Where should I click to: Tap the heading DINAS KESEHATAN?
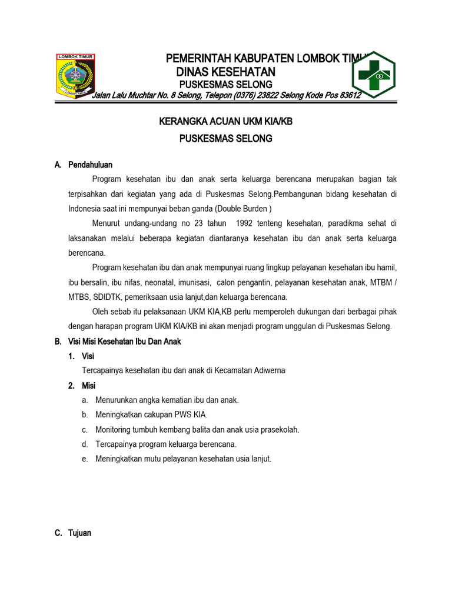pos(225,72)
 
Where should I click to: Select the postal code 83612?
pos(347,95)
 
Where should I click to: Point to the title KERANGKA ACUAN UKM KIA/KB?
pos(217,122)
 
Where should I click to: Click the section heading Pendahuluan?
pos(90,165)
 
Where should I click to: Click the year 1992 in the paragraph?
pos(248,223)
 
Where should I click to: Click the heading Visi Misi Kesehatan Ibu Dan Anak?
pos(125,342)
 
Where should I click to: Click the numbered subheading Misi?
pos(88,386)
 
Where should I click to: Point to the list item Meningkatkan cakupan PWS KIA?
pos(151,414)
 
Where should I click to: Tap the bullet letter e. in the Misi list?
pos(85,459)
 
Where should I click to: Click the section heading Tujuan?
pos(80,533)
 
